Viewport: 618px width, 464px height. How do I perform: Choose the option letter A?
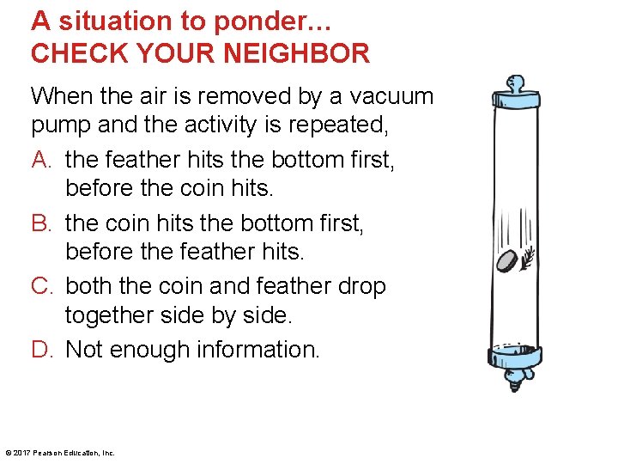41,160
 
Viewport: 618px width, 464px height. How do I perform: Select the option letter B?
41,223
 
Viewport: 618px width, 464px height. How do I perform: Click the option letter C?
42,286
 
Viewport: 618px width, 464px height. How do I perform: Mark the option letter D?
42,350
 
